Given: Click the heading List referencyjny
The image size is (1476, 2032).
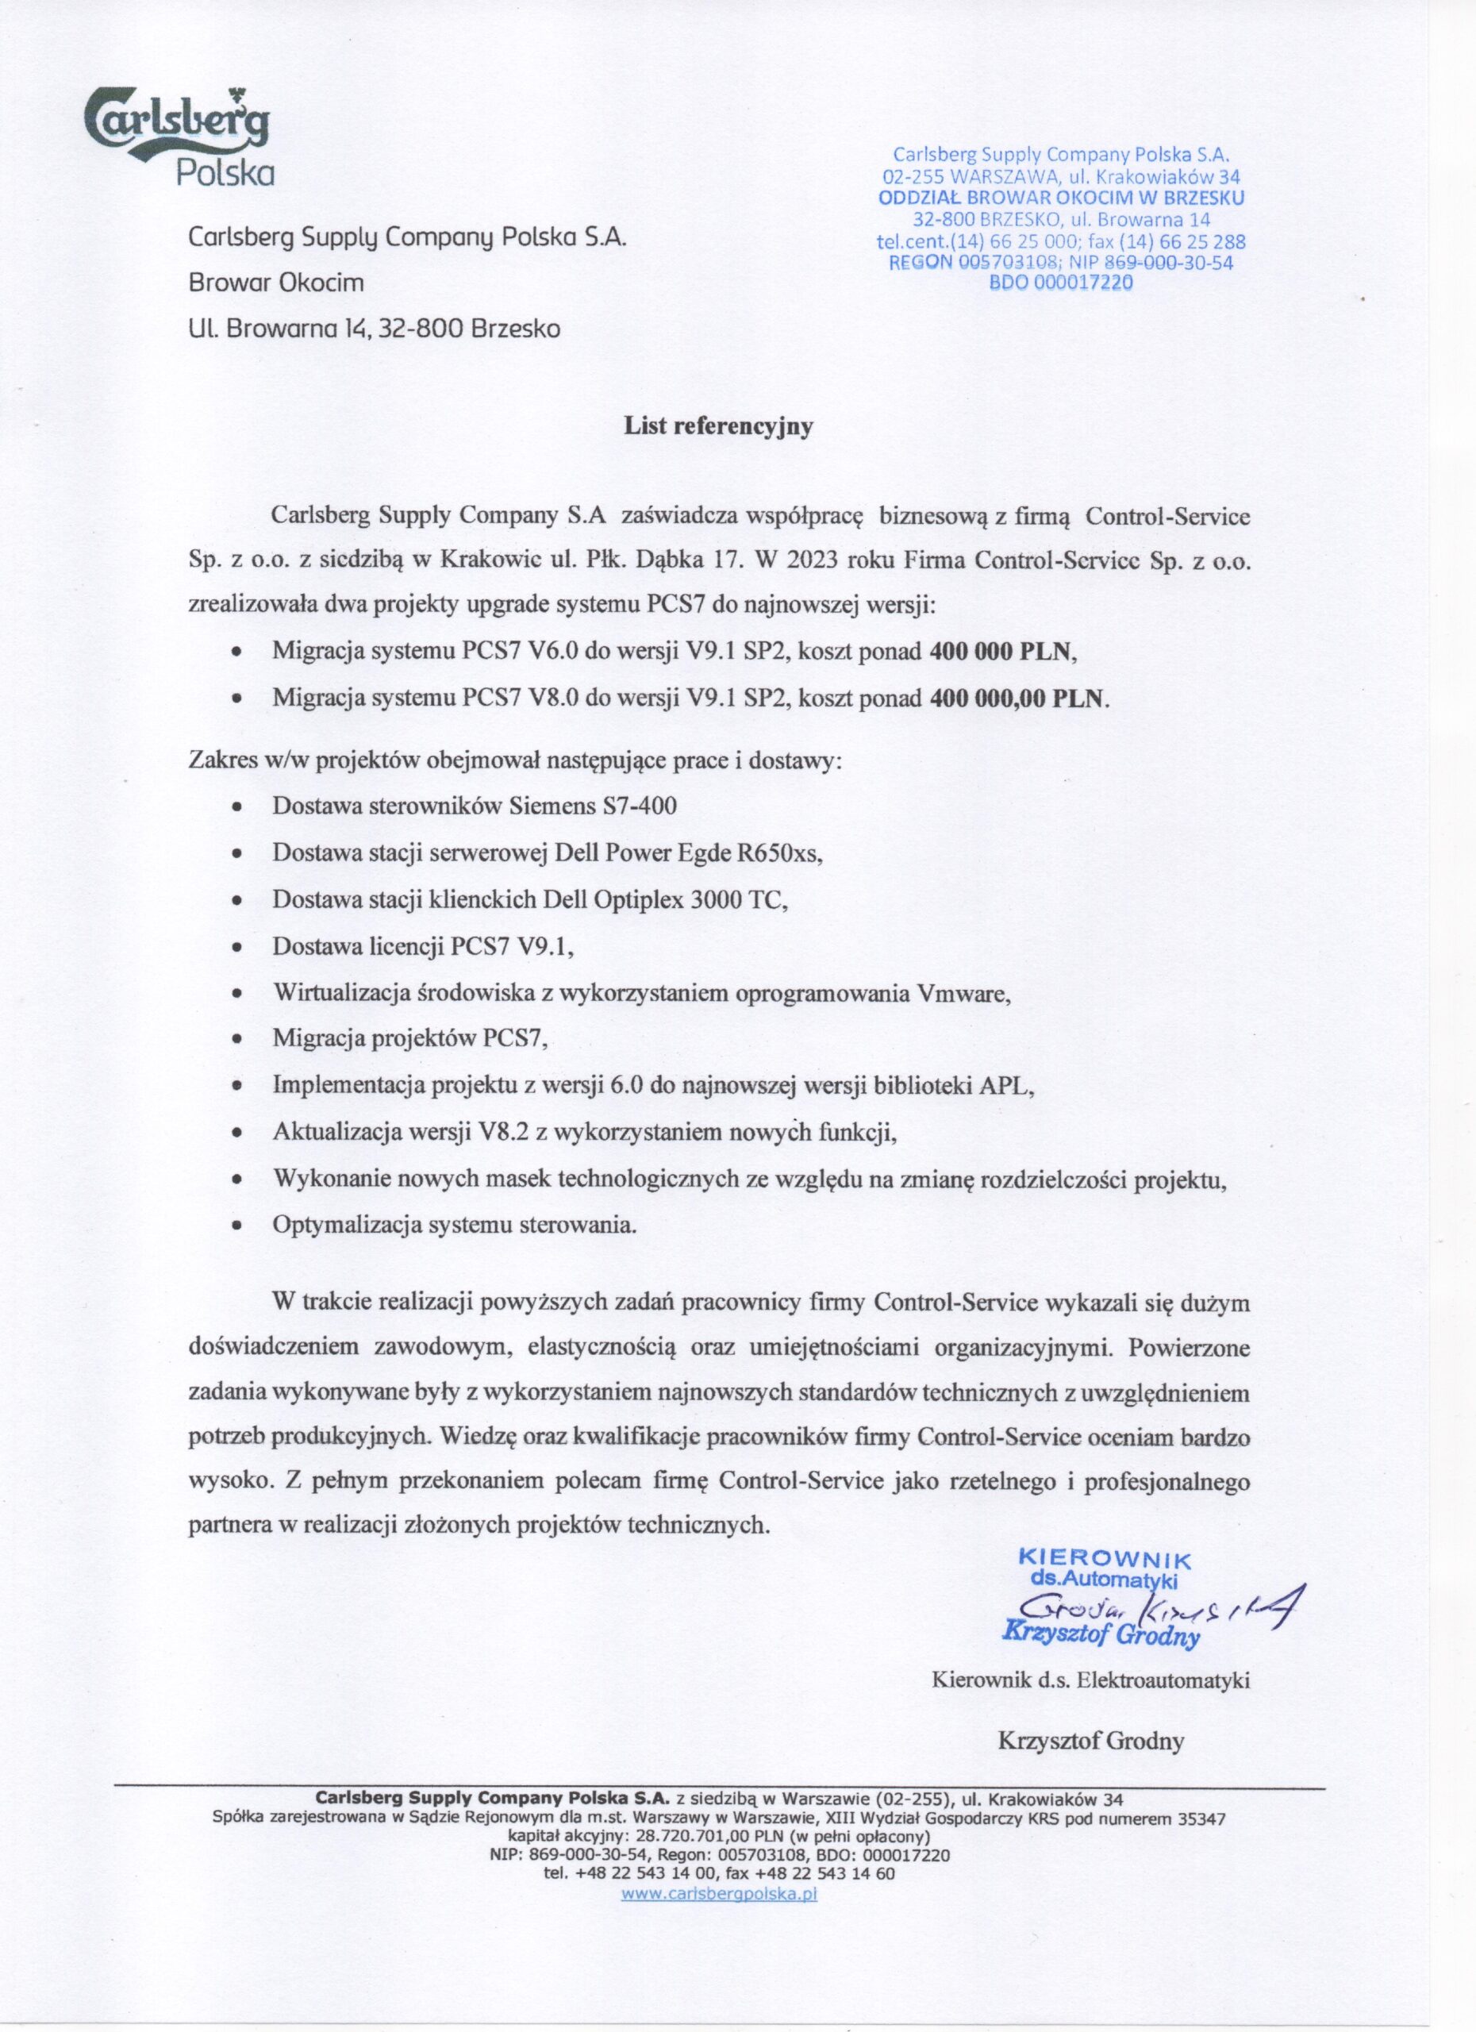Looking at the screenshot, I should click(718, 426).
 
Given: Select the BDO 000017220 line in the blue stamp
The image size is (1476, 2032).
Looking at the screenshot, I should click(1060, 283).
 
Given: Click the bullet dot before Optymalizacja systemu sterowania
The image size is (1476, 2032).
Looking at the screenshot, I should click(236, 1226).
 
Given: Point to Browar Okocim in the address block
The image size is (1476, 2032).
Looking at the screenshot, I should click(277, 283).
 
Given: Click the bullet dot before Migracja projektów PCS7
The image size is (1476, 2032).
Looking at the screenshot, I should click(236, 1040).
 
